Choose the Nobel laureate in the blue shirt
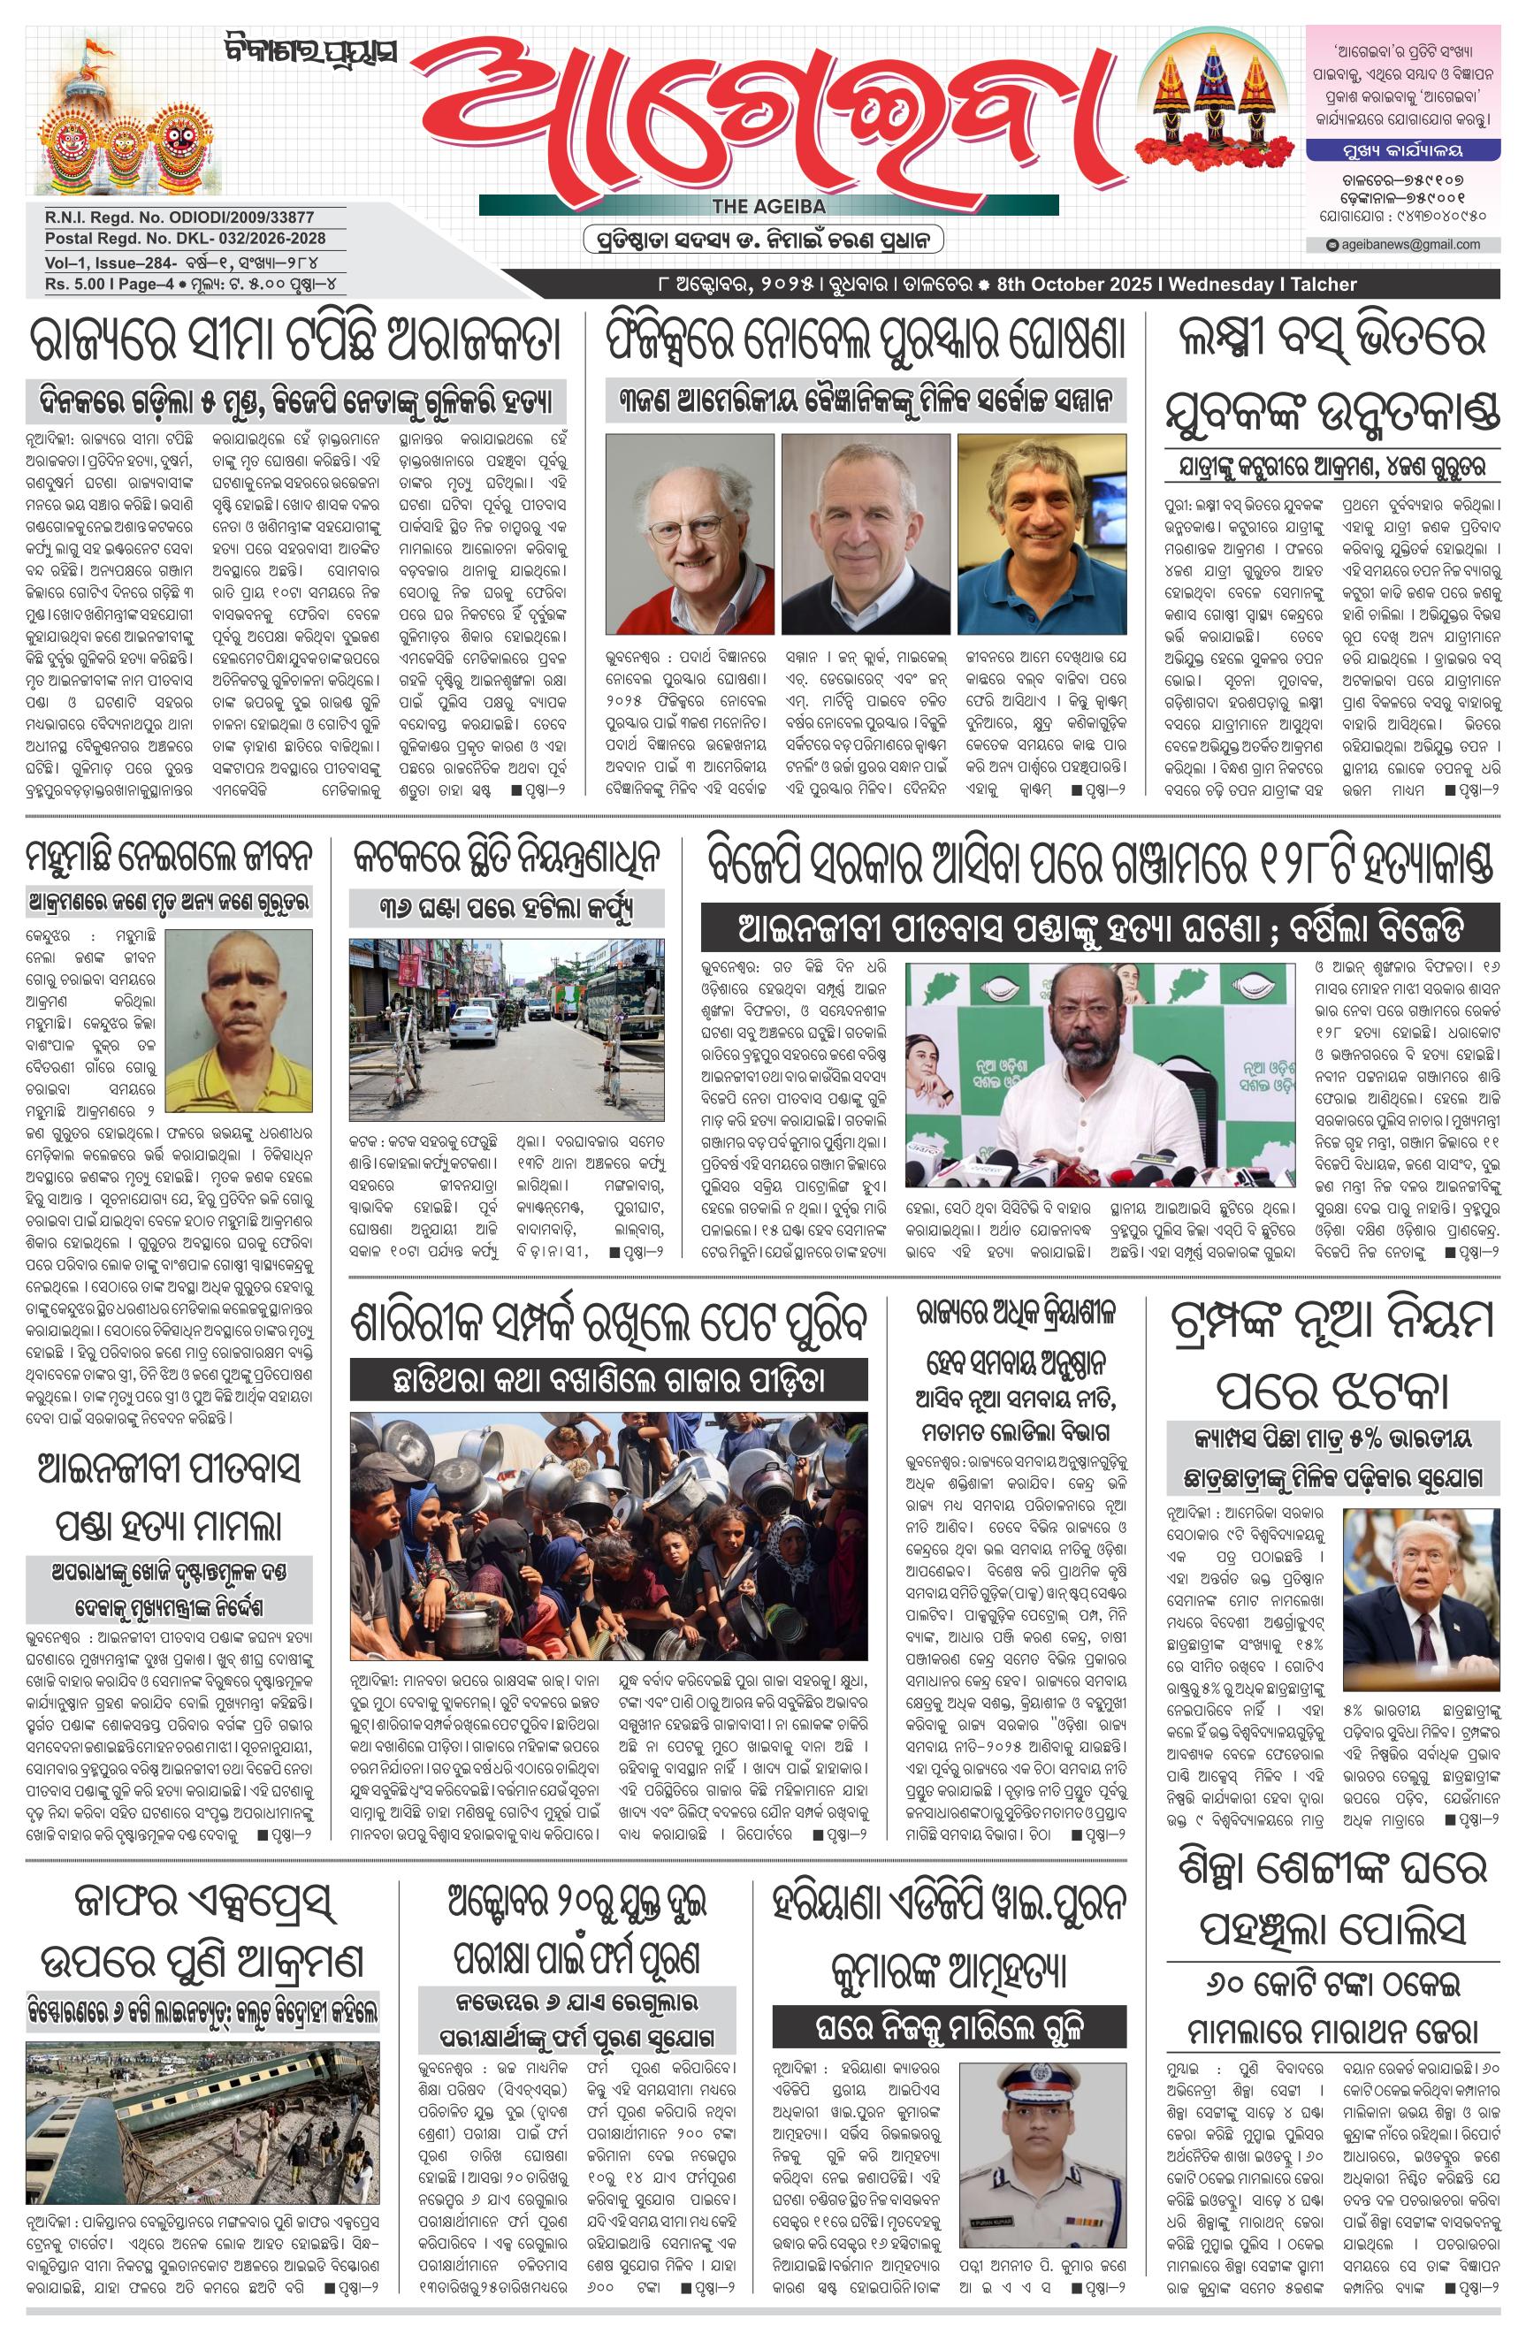pyautogui.click(x=1041, y=533)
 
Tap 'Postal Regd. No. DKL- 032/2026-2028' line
pyautogui.click(x=185, y=239)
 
